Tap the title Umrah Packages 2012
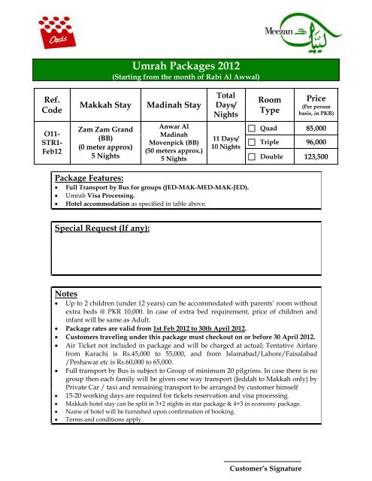(186, 65)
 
